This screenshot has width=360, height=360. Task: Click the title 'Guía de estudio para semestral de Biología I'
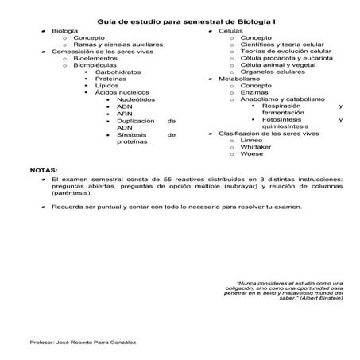(x=180, y=22)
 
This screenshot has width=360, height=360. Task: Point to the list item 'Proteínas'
(x=110, y=79)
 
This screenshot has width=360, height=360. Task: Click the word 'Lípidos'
(x=106, y=86)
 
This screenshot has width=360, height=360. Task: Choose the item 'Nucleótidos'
(x=137, y=99)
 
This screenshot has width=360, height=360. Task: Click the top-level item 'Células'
(x=231, y=30)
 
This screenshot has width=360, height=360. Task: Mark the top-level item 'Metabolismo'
(x=240, y=79)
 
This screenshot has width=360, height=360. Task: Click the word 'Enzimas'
(x=254, y=92)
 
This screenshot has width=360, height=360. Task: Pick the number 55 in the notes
(x=167, y=180)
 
